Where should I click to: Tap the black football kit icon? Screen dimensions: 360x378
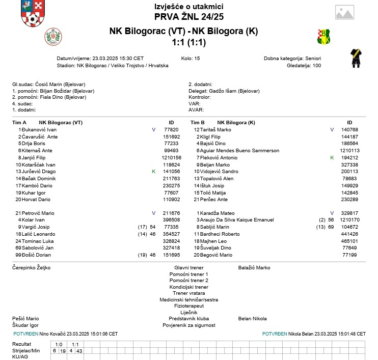coord(356,59)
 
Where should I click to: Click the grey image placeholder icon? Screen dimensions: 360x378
coord(344,12)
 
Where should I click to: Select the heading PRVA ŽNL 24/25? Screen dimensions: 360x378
coord(188,16)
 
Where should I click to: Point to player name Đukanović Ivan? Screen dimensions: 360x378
coord(34,130)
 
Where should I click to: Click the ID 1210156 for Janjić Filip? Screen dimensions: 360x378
coord(172,158)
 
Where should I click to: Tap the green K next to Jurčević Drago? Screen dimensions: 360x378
coord(153,172)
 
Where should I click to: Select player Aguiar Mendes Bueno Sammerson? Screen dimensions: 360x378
coord(239,151)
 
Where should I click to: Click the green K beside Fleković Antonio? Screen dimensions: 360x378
coord(332,158)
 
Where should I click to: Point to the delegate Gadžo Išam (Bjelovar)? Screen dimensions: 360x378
coord(234,91)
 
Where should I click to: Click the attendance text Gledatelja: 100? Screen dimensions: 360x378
coord(304,65)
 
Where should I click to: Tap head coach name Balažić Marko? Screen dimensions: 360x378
coord(254,267)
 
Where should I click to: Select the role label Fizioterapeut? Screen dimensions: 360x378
coord(188,306)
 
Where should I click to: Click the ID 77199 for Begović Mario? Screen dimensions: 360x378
coord(349,255)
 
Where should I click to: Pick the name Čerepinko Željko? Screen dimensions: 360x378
coord(31,267)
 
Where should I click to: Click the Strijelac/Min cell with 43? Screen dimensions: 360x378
coord(79,351)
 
